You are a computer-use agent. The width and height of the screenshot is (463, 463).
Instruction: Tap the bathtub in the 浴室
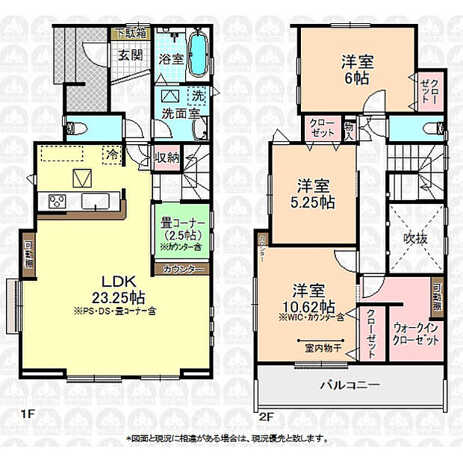pyautogui.click(x=199, y=53)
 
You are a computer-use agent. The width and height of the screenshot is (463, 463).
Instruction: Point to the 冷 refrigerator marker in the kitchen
pyautogui.click(x=111, y=155)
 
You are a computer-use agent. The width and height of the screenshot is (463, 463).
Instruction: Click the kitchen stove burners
pyautogui.click(x=58, y=201)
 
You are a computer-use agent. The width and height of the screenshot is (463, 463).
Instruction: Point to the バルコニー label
pyautogui.click(x=350, y=386)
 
